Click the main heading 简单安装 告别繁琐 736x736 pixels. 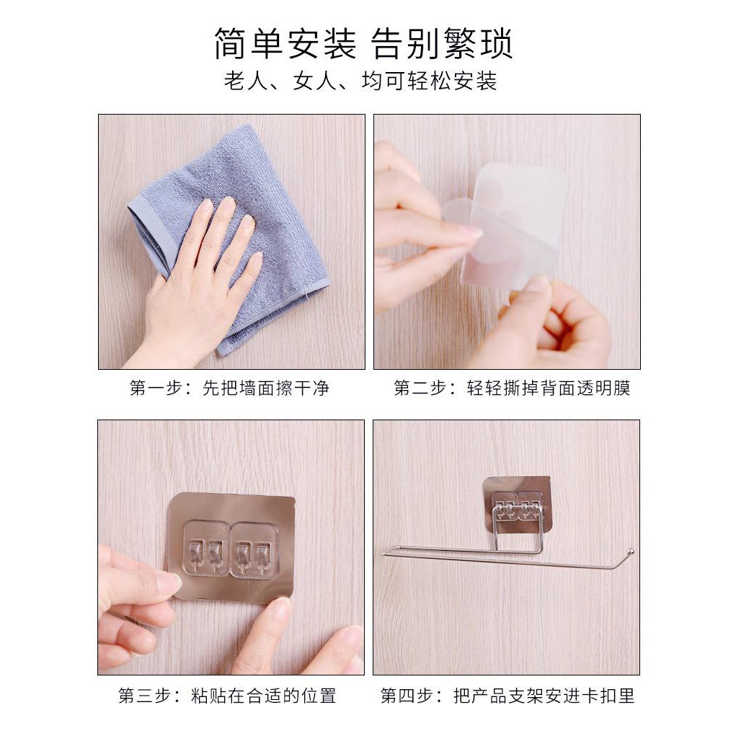point(363,44)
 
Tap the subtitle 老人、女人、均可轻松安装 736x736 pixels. point(360,81)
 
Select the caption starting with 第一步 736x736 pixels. point(229,388)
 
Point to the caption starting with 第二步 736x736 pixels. point(512,388)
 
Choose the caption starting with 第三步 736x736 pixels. point(227,696)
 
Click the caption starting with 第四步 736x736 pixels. point(507,696)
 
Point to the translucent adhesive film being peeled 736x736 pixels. point(509,226)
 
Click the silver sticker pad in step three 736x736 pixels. point(231,547)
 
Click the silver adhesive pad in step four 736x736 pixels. point(516,505)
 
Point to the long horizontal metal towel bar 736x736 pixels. point(507,558)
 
